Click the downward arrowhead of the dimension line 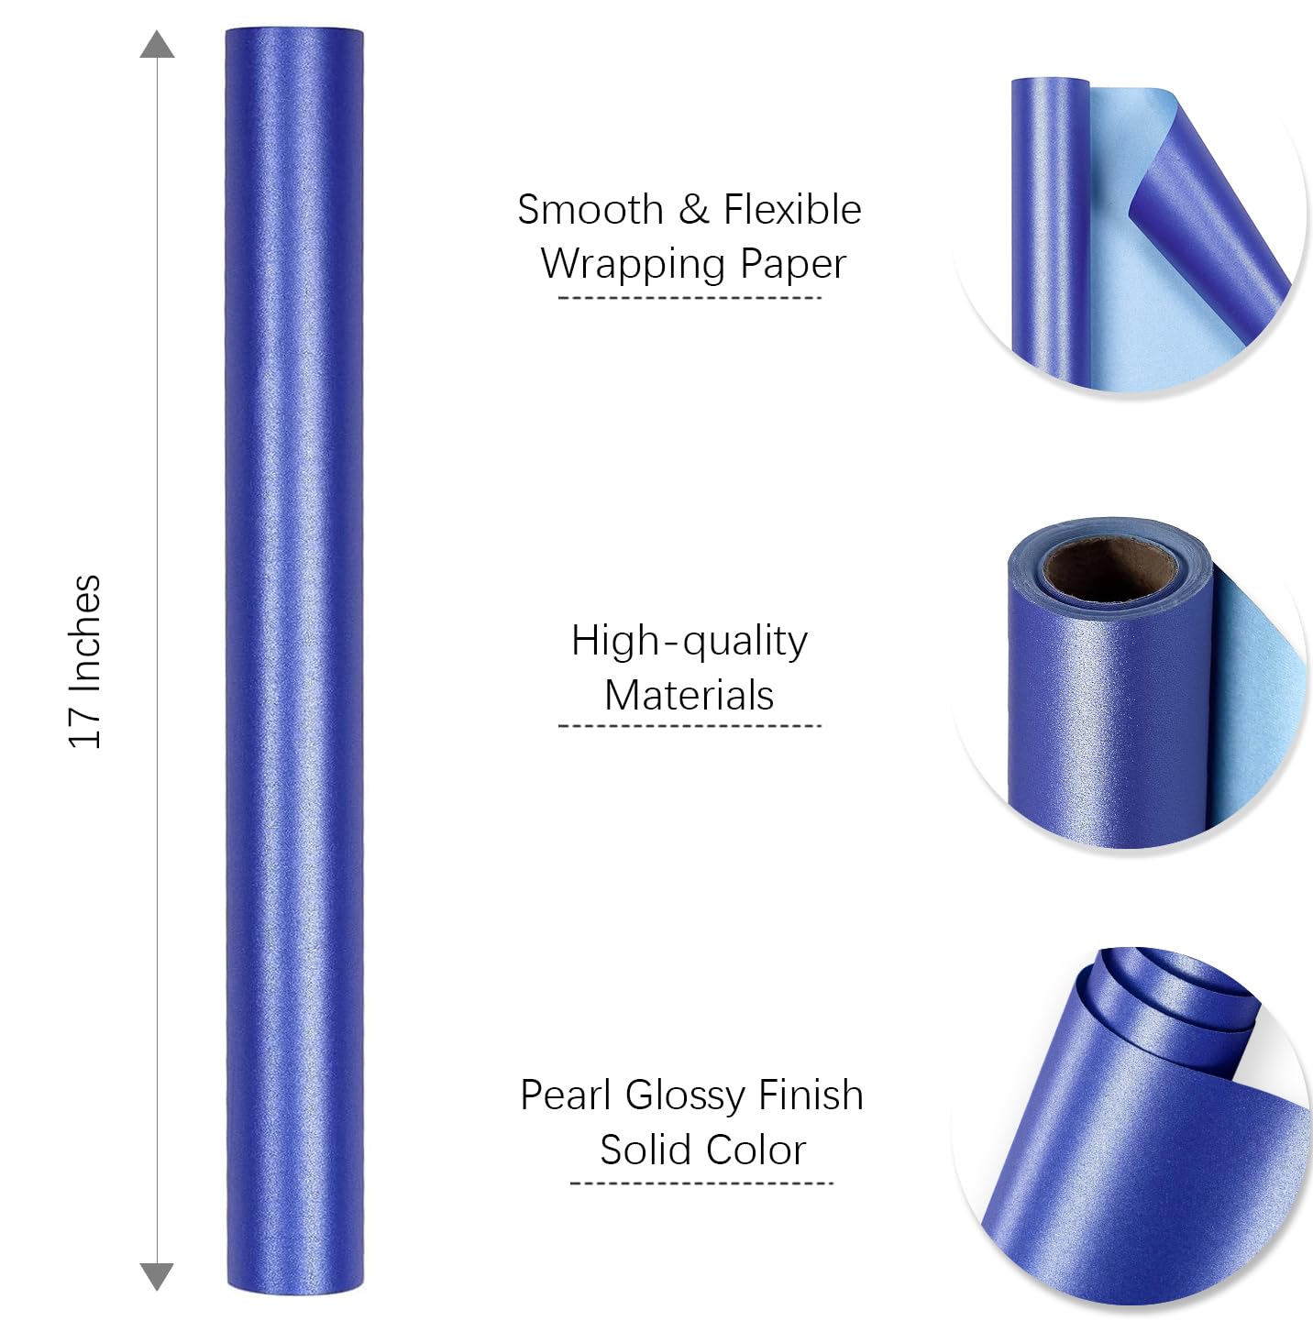point(157,1275)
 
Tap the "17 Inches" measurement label point(85,661)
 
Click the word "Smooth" point(590,210)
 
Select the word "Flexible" point(792,210)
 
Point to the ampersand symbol point(693,210)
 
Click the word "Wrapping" point(634,264)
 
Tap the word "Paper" point(793,264)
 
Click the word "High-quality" point(690,641)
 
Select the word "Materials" point(690,695)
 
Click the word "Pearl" point(566,1095)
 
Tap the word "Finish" point(811,1095)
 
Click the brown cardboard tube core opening point(1110,567)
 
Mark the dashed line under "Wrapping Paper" point(690,298)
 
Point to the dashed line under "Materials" point(690,726)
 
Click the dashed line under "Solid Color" point(701,1183)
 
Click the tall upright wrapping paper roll point(294,660)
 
